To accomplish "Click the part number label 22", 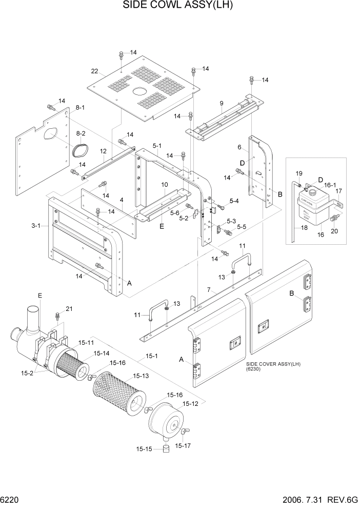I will (x=94, y=71).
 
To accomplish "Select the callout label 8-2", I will (x=81, y=133).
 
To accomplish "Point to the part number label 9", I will (x=222, y=103).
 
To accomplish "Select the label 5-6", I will (x=175, y=213).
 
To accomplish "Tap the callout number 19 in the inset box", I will (x=299, y=173).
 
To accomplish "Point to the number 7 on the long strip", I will (x=209, y=291).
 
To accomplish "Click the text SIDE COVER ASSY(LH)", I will (x=273, y=364).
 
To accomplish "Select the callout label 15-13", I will (x=142, y=376).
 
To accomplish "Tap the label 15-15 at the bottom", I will (x=144, y=449).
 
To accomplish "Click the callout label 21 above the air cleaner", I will (x=69, y=308).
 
